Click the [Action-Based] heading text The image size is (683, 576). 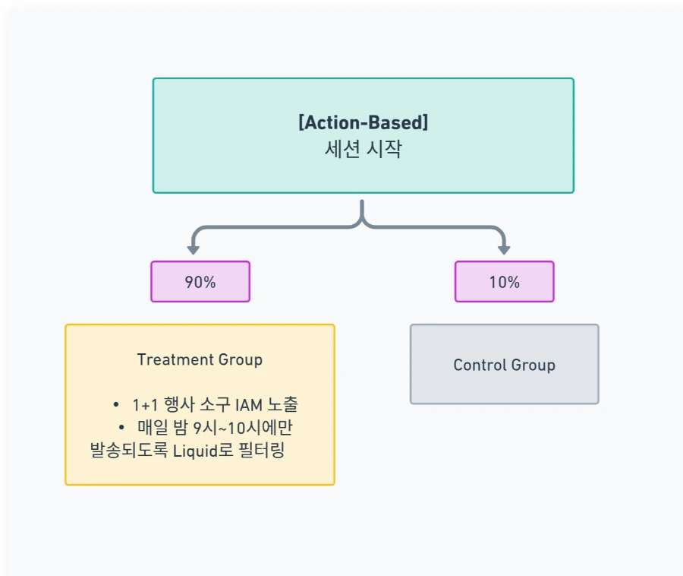(x=363, y=122)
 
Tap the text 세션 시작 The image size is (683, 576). (x=363, y=148)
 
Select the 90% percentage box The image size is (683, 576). (x=200, y=282)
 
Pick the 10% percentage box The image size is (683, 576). (x=504, y=282)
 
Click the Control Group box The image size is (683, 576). (x=504, y=365)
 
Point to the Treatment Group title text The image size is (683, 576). (x=200, y=359)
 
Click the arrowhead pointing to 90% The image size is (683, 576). (x=194, y=248)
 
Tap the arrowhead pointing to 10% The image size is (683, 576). (x=504, y=248)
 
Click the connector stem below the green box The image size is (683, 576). (x=363, y=209)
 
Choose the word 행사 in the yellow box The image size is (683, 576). (x=178, y=405)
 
